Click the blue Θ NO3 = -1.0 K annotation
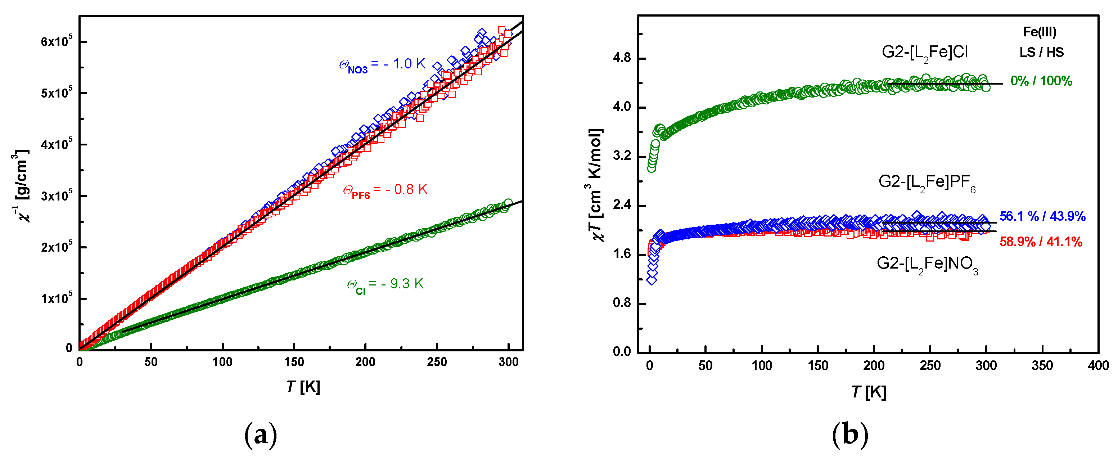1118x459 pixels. pyautogui.click(x=382, y=65)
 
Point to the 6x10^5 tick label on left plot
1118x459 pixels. pyautogui.click(x=57, y=42)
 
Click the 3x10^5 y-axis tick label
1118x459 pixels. pyautogui.click(x=57, y=196)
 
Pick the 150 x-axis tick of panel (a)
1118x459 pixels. pyautogui.click(x=294, y=362)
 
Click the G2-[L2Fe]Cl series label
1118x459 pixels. pyautogui.click(x=924, y=53)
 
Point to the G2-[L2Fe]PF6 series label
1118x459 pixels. pyautogui.click(x=927, y=183)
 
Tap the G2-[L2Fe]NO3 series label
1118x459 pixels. pyautogui.click(x=927, y=265)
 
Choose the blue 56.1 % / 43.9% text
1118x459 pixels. pyautogui.click(x=1042, y=216)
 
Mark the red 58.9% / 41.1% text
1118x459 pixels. pyautogui.click(x=1040, y=242)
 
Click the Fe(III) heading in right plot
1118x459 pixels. pyautogui.click(x=1040, y=32)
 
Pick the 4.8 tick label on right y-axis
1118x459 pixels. pyautogui.click(x=622, y=58)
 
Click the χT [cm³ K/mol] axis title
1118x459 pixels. pyautogui.click(x=596, y=185)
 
